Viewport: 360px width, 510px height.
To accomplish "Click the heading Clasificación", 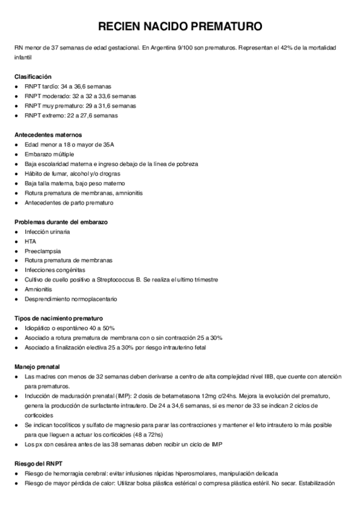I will (33, 76).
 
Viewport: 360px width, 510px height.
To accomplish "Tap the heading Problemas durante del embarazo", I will (61, 222).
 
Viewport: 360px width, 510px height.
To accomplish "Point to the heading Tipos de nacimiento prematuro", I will (58, 318).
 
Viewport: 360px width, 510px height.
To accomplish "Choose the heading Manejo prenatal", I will (37, 366).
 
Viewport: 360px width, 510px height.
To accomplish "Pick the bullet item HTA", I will (31, 241).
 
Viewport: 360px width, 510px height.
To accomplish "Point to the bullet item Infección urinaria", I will (47, 232).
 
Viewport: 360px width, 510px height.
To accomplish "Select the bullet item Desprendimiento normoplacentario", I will (71, 299).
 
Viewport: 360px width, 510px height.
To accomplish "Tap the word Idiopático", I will (39, 328).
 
